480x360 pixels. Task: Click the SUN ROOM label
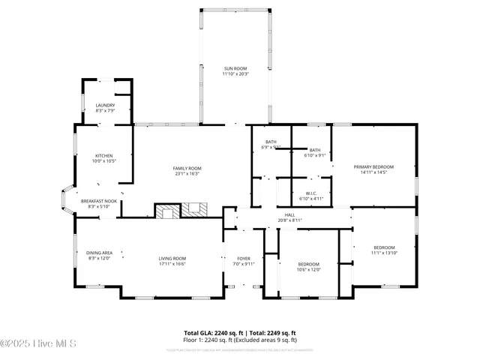(235, 68)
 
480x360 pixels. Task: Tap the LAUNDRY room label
(104, 105)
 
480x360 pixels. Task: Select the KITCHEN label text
(103, 155)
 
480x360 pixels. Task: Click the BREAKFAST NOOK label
(99, 201)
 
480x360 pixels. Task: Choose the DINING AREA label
(99, 253)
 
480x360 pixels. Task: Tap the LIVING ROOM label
(172, 259)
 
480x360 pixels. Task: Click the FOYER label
(244, 259)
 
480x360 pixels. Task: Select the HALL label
(289, 214)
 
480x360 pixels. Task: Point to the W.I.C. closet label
(310, 193)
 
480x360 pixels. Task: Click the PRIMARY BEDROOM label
(373, 166)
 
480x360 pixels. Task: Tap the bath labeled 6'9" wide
(271, 142)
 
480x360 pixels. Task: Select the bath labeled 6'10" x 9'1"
(315, 150)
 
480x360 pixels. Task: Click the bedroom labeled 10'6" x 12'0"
(309, 264)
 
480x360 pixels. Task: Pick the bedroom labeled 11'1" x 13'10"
(385, 247)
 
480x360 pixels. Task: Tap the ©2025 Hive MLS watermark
(39, 343)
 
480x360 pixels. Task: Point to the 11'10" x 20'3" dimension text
(235, 73)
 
